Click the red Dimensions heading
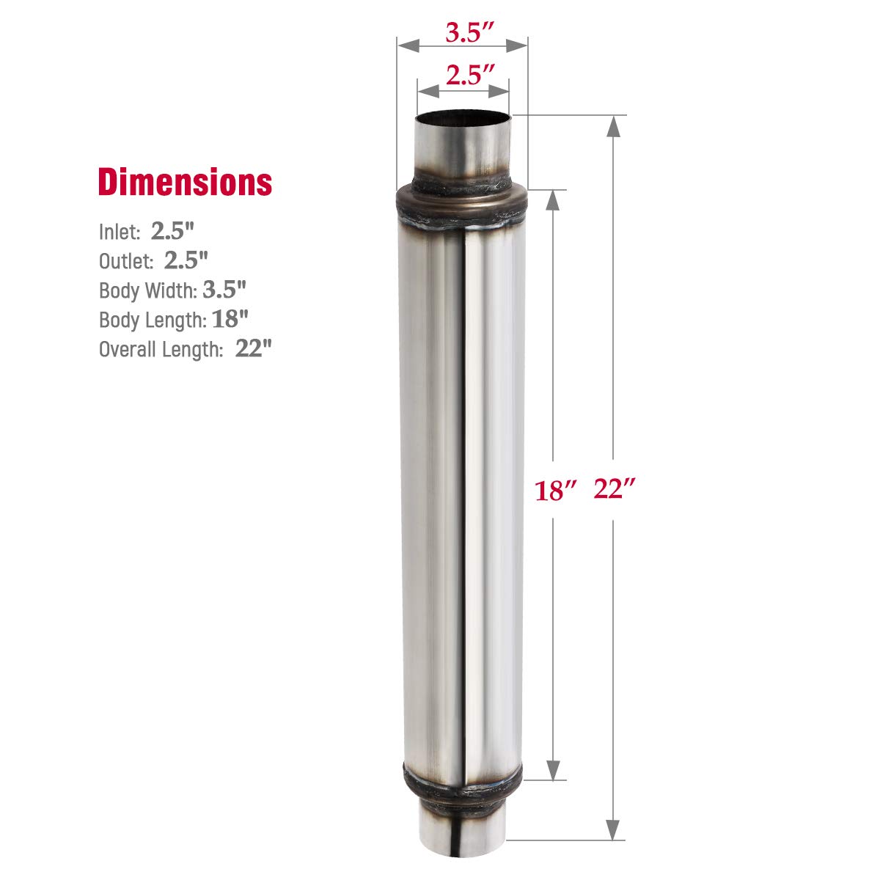point(185,182)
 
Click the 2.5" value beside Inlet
point(172,231)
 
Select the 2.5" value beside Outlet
point(186,260)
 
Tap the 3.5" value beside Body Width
point(224,290)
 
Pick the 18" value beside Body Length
point(230,319)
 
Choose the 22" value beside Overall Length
point(253,348)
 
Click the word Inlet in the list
point(119,232)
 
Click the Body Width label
point(147,290)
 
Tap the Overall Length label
point(161,349)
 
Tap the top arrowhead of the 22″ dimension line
point(614,126)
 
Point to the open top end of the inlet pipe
point(463,117)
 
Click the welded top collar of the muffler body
point(462,202)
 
